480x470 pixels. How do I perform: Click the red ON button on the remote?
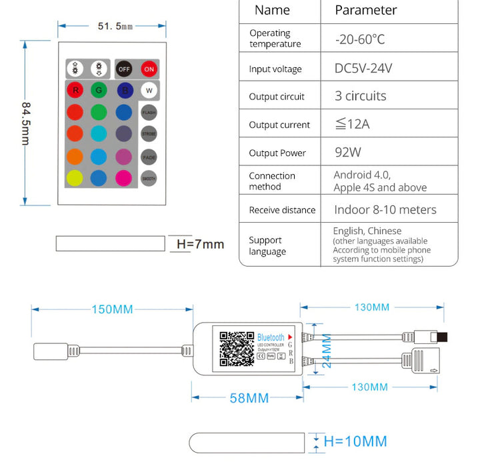point(148,69)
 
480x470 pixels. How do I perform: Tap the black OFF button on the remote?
point(124,69)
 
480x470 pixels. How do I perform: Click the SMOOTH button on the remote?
point(149,179)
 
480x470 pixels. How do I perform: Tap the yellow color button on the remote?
point(75,178)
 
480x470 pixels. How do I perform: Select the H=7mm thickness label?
point(200,244)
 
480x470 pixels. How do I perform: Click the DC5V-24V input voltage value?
point(363,68)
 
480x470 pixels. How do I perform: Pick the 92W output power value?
point(348,152)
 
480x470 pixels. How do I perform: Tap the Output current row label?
point(279,125)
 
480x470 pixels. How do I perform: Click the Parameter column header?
point(365,10)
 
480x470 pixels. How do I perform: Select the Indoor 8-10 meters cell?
point(385,209)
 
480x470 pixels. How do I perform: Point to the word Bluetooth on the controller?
point(271,338)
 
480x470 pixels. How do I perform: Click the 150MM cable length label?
point(112,309)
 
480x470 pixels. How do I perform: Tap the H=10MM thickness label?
point(355,441)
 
